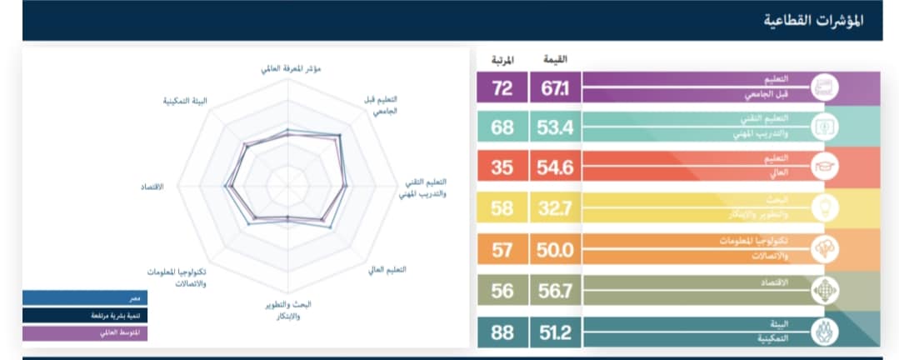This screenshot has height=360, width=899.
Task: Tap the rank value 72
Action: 502,88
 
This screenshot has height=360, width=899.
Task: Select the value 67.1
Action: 554,88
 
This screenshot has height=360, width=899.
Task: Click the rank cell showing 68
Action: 502,128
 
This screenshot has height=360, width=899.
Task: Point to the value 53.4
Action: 554,128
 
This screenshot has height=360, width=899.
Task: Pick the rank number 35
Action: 502,167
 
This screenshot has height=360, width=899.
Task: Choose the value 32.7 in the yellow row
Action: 554,208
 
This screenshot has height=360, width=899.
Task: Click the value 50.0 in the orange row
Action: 554,249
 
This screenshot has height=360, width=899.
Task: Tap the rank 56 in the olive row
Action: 502,290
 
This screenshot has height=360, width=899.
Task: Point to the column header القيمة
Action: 555,59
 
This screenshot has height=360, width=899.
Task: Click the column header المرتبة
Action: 502,59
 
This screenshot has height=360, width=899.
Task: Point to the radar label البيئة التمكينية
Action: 185,100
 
